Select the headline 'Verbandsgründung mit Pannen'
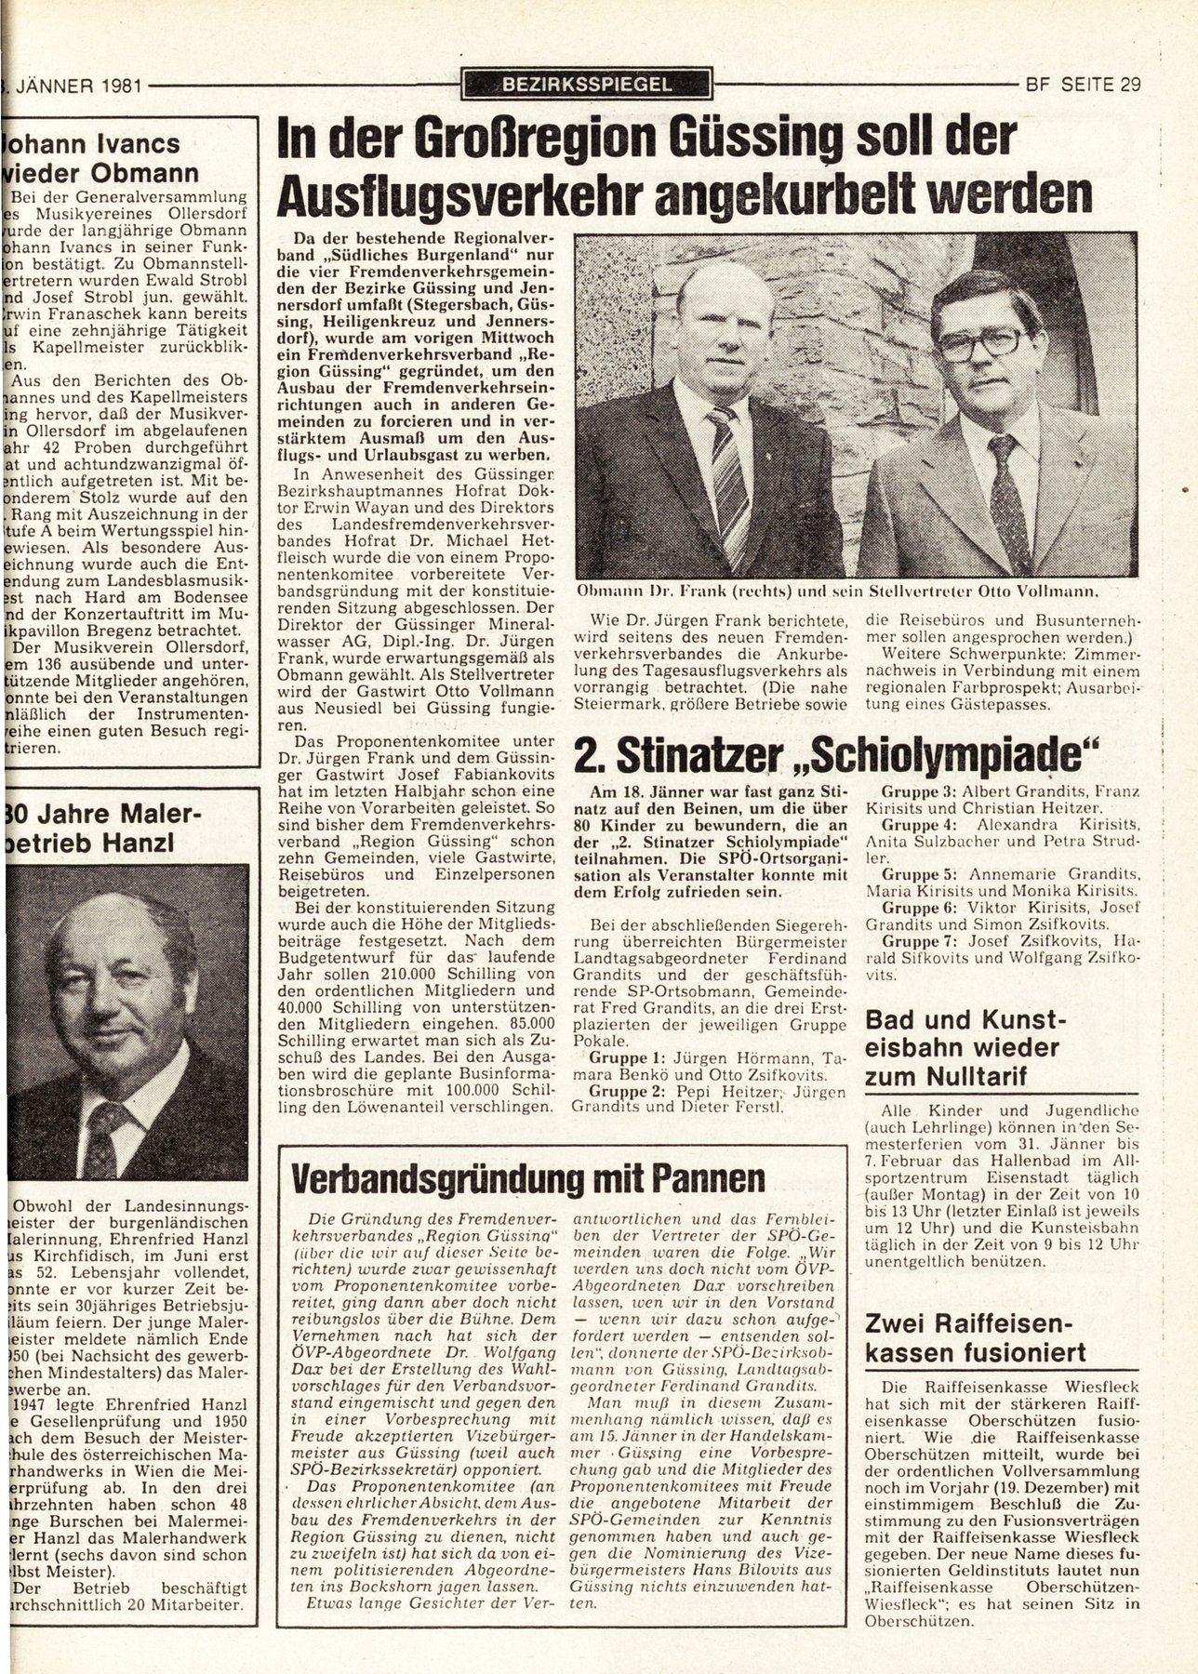click(x=527, y=1178)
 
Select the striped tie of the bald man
click(x=728, y=474)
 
